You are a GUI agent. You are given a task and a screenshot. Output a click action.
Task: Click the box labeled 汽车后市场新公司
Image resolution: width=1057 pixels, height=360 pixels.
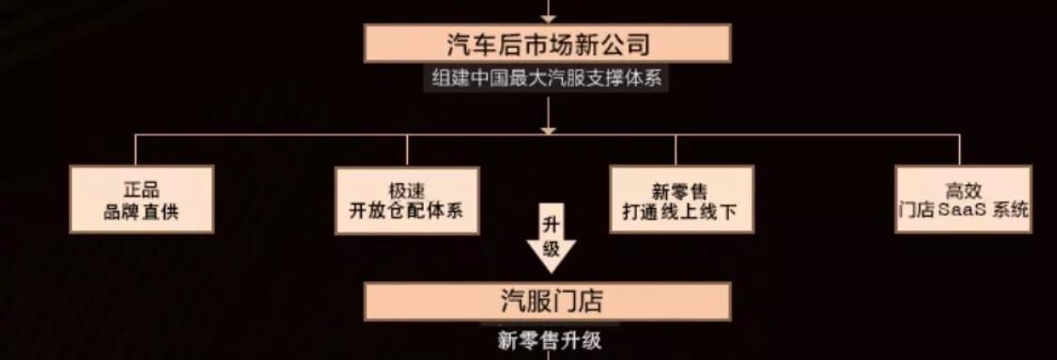click(x=548, y=44)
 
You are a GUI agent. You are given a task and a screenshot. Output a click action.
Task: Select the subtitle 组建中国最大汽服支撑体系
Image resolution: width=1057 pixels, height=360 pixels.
click(x=548, y=78)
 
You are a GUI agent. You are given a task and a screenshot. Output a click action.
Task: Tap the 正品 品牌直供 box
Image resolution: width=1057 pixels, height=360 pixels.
click(x=141, y=199)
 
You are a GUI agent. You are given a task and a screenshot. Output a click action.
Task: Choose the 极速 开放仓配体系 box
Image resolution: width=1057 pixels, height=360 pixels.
click(x=407, y=199)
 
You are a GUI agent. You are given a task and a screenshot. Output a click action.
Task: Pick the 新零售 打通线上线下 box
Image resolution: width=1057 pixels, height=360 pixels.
click(x=680, y=199)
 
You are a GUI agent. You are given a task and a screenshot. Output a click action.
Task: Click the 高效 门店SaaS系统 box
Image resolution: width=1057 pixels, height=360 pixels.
click(x=962, y=199)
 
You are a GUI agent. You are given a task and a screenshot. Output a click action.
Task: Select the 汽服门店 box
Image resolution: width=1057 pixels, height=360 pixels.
click(x=548, y=302)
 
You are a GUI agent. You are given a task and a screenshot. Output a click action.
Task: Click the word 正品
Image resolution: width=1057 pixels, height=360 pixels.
click(x=141, y=189)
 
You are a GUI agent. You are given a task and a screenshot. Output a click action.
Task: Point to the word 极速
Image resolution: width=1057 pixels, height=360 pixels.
click(x=407, y=189)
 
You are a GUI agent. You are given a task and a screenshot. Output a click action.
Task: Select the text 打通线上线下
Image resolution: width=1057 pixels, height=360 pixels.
click(x=680, y=211)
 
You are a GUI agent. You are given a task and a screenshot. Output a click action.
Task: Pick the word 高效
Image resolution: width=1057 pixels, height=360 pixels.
click(x=962, y=189)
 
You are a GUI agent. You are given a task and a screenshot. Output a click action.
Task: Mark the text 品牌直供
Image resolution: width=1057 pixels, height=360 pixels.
click(x=141, y=211)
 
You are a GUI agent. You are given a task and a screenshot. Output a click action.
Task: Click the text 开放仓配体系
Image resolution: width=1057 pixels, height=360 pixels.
click(x=407, y=211)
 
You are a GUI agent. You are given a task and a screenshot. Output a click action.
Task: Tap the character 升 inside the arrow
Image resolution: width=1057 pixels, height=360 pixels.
click(x=552, y=226)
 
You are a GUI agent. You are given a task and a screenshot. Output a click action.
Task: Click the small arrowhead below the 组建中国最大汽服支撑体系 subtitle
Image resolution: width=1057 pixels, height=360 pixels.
click(x=548, y=130)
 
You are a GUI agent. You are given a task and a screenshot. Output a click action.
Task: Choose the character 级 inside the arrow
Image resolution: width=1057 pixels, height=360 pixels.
click(x=552, y=249)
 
